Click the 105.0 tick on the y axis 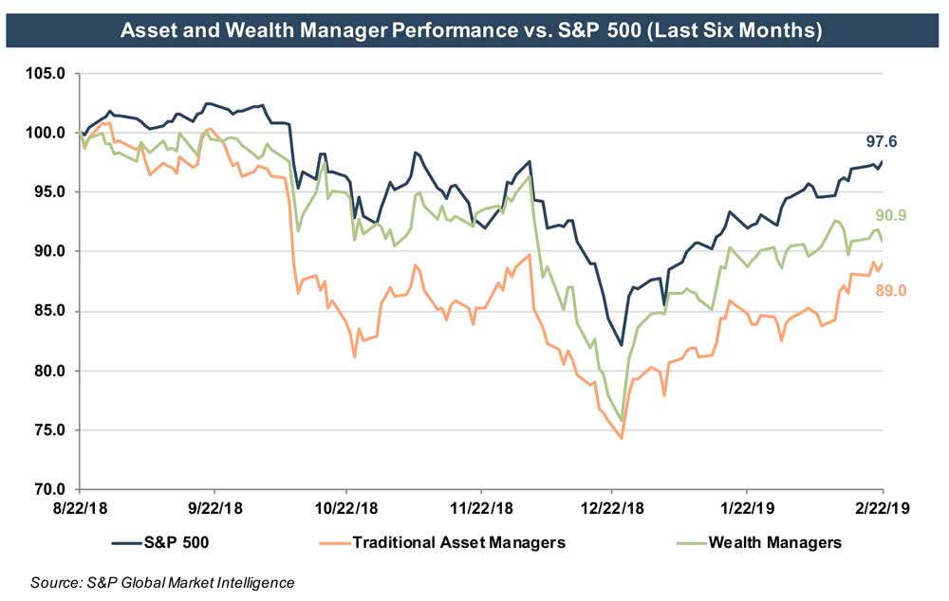[48, 73]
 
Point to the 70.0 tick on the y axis [48, 490]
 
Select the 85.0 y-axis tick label [48, 311]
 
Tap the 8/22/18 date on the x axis [80, 510]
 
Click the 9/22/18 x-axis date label [214, 510]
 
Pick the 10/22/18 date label [344, 510]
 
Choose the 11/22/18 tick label [480, 510]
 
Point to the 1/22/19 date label [746, 510]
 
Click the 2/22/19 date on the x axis [882, 510]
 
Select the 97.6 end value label [882, 142]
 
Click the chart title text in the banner [471, 30]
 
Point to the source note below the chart [162, 582]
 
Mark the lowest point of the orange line [621, 438]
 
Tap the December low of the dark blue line [621, 345]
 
